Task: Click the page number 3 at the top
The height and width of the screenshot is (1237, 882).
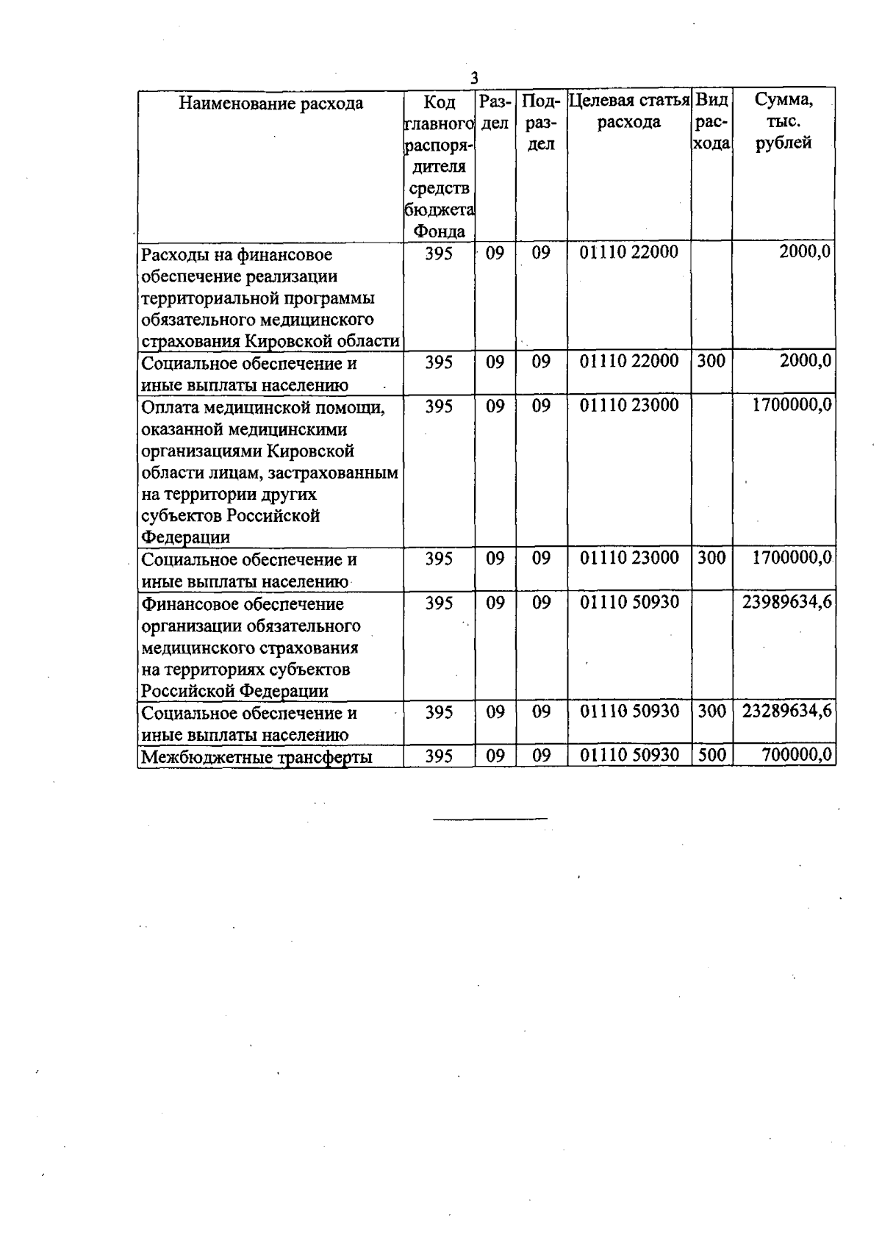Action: pos(475,78)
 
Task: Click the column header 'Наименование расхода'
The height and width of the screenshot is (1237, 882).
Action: pos(270,103)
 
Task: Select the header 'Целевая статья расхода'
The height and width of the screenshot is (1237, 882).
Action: pos(629,111)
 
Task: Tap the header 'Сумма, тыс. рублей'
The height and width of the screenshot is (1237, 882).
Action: pos(784,121)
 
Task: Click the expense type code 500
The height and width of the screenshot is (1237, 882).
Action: pos(711,755)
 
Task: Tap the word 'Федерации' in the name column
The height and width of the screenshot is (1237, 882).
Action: pos(185,537)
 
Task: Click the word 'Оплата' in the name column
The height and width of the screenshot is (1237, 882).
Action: pos(169,408)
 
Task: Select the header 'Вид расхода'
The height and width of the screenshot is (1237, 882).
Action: pos(711,121)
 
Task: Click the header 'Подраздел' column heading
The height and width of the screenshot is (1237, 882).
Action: pos(541,122)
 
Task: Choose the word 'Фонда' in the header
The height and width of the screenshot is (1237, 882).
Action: pos(439,232)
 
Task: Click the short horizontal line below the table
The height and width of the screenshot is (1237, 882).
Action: pos(490,818)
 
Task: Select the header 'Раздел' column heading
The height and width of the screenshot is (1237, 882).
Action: pos(495,112)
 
